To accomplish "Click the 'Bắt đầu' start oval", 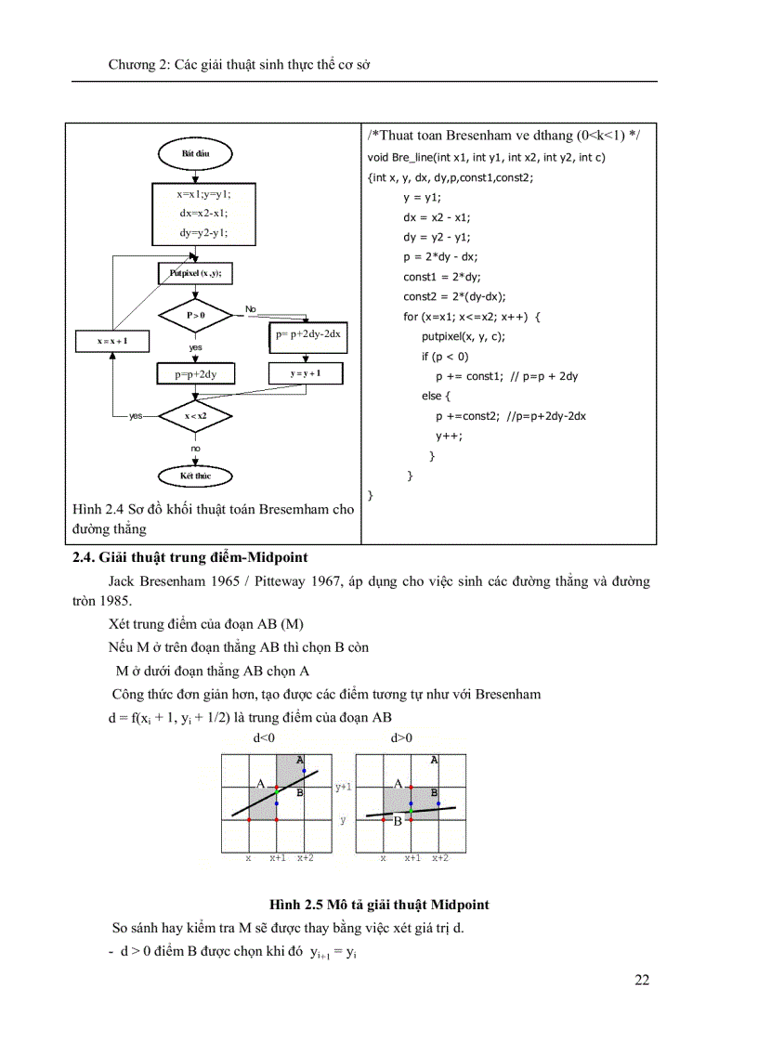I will pos(195,152).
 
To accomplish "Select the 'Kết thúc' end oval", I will pos(195,476).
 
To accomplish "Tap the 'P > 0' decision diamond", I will pos(195,316).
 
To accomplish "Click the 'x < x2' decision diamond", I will pos(195,416).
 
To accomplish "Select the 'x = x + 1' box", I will pos(112,341).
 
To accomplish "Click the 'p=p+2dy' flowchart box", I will pos(195,373).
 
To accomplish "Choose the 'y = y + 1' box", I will pos(305,373).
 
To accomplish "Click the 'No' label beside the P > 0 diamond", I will pos(250,308).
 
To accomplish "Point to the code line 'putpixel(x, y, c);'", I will pos(463,336).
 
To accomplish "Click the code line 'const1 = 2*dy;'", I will pos(441,276).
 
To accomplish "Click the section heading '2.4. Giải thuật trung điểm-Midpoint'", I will pos(189,557).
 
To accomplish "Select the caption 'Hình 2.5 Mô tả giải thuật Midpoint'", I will pos(379,904).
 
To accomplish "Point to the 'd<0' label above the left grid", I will pos(264,738).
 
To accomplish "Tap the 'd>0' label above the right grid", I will pos(401,738).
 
